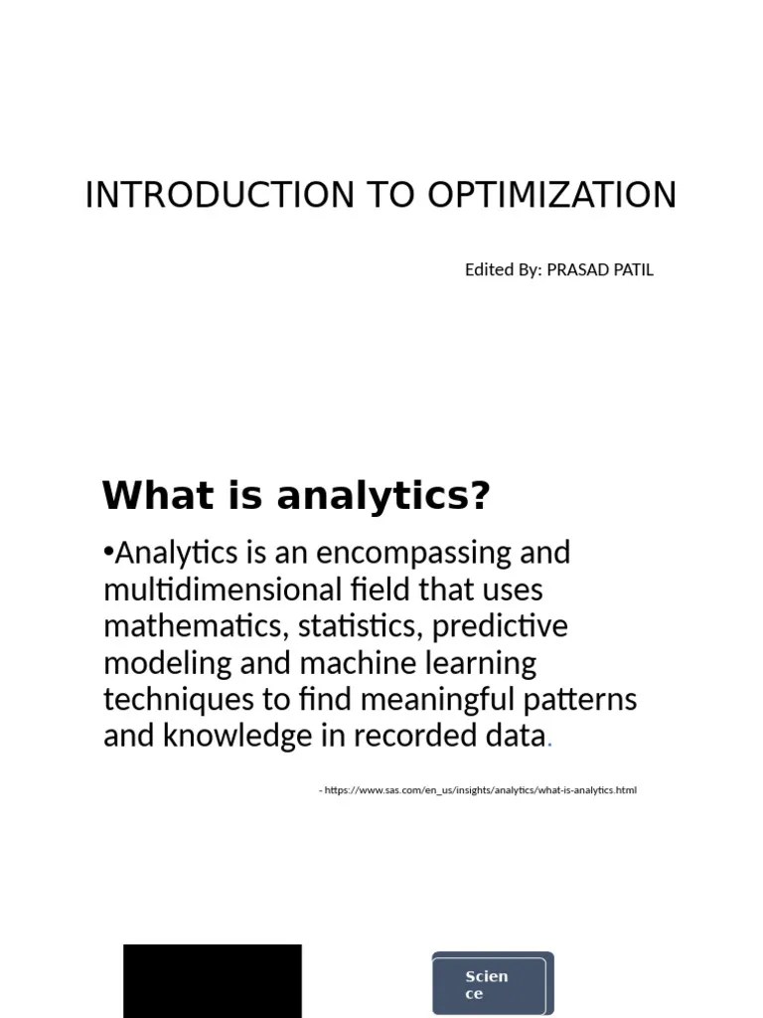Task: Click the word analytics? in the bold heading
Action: coord(384,495)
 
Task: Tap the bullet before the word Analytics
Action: coord(108,553)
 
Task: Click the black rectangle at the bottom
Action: coord(212,980)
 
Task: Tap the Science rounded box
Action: coord(492,983)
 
